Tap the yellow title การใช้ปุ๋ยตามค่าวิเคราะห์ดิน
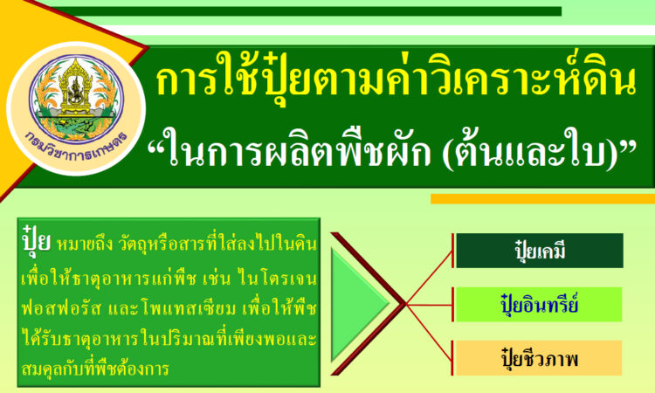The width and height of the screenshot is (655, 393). point(396,78)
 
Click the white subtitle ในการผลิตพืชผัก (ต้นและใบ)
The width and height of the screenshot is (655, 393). point(393,148)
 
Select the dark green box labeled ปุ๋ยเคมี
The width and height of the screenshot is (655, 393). point(540,251)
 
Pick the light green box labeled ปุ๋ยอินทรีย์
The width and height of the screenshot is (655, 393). point(539,305)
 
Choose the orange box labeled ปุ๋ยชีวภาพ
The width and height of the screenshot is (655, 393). point(539,358)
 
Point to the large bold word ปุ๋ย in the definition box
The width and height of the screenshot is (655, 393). point(37,239)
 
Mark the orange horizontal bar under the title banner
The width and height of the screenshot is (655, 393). point(542,199)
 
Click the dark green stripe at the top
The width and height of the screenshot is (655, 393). point(308,11)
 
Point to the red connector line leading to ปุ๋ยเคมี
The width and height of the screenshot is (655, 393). point(429,278)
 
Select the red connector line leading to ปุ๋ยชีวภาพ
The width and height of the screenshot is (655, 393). point(429,332)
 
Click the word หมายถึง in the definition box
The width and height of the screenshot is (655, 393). point(85,245)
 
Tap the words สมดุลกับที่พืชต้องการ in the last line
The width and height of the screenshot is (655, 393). point(95,369)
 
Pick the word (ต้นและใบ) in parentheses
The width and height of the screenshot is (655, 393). point(530,149)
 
